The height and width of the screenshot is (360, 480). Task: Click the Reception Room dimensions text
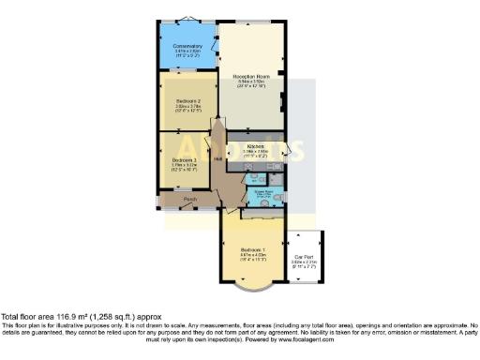(x=251, y=85)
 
